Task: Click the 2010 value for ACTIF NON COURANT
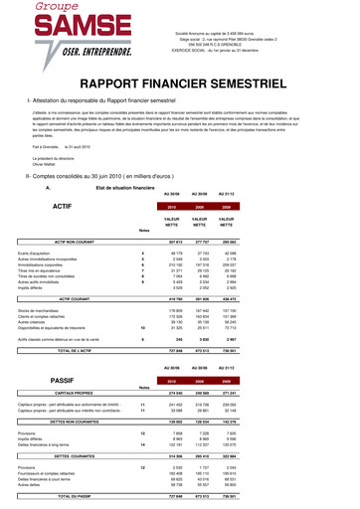207,242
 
